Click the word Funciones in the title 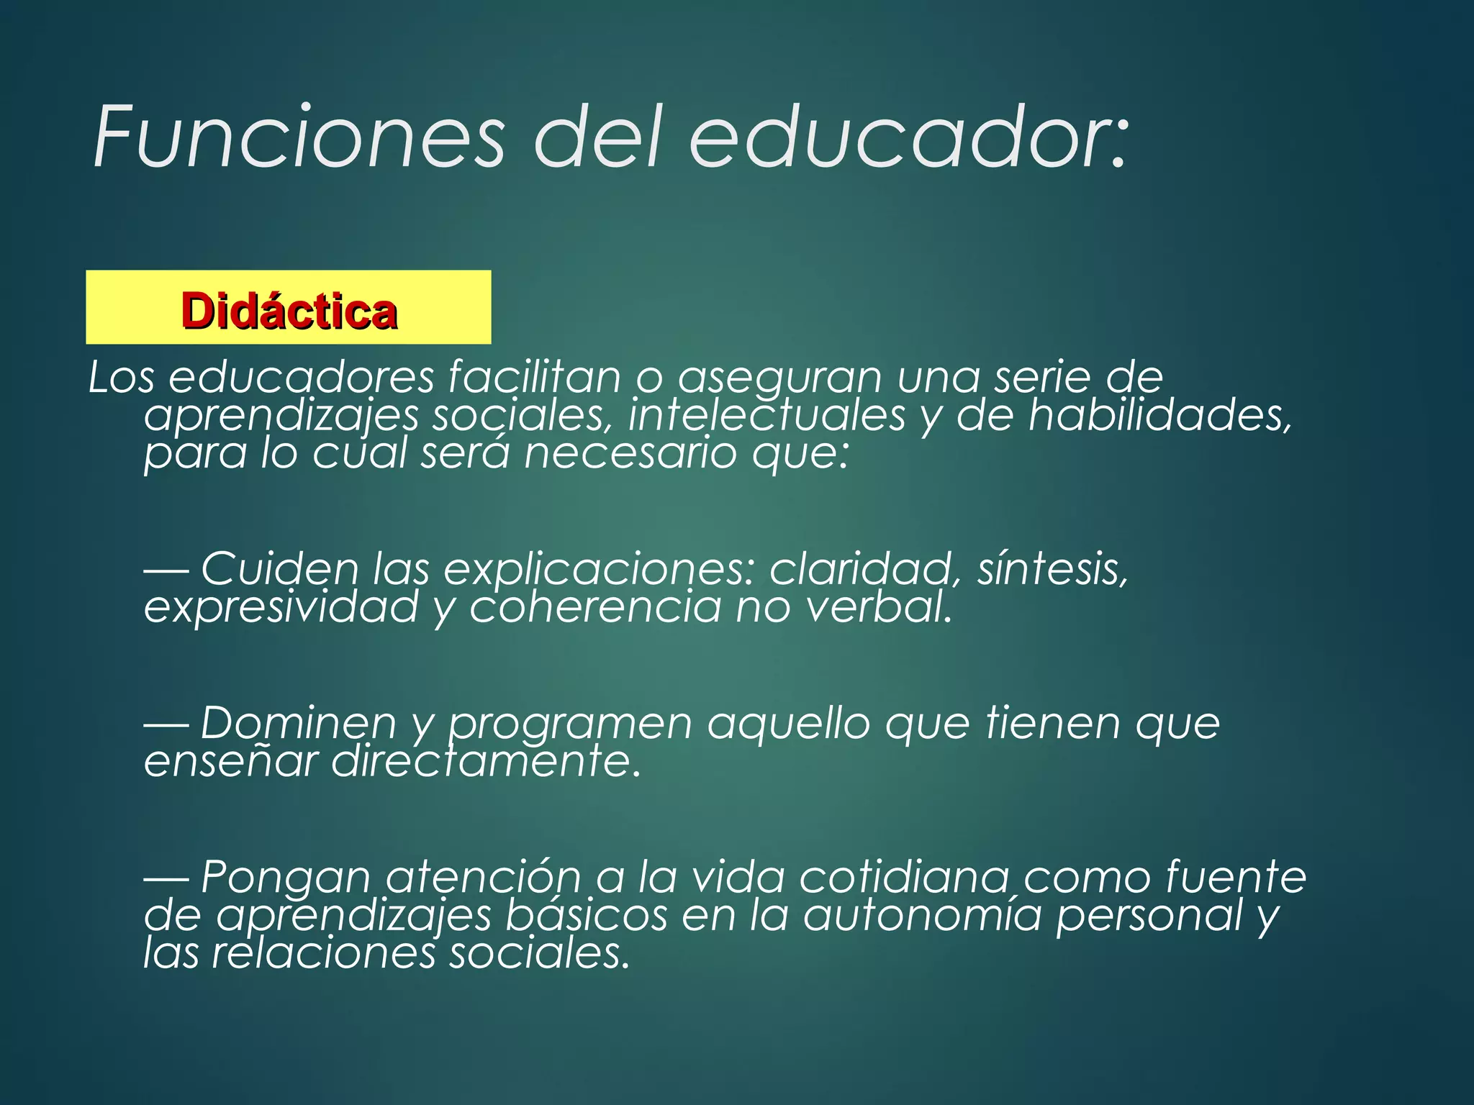coord(299,137)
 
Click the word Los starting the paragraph coord(121,377)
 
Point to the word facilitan coord(534,377)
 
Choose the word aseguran coord(780,378)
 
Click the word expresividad coord(281,607)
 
